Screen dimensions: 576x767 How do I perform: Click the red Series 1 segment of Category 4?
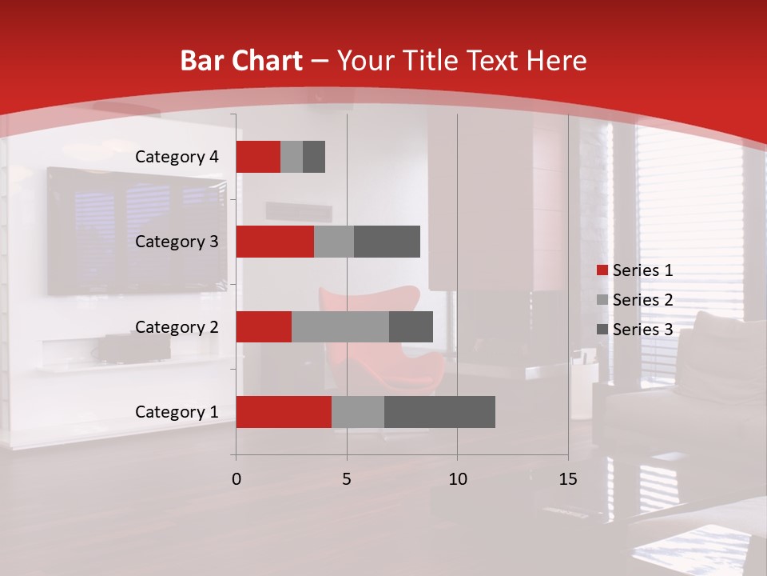258,157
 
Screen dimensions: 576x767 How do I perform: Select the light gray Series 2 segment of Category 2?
340,326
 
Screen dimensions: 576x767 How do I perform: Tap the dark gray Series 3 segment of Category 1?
439,412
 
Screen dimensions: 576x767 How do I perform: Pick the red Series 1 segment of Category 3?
275,242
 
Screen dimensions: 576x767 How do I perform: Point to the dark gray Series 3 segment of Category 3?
387,242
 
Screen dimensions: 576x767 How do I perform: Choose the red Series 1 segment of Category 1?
284,412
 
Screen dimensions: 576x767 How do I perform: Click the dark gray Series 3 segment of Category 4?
314,157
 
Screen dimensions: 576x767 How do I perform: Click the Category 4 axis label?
177,157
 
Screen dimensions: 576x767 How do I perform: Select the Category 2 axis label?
177,326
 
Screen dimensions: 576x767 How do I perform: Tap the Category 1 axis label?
177,412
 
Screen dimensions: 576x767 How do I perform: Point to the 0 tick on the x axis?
236,479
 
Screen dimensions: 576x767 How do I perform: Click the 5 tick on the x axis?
347,479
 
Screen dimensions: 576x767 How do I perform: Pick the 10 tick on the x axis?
457,479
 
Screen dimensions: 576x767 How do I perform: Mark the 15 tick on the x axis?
567,479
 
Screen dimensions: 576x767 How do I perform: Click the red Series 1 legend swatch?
602,270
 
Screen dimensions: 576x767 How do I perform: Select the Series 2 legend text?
642,300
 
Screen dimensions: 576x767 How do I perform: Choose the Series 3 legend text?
642,330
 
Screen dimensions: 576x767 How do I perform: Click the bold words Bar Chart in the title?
241,61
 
